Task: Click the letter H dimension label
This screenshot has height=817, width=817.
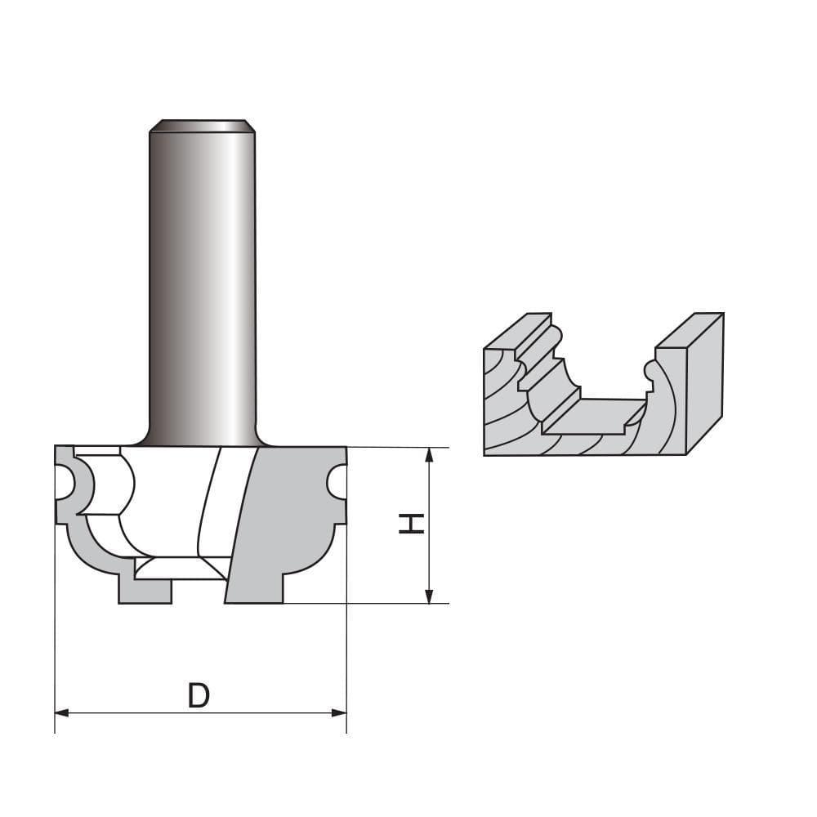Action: [411, 524]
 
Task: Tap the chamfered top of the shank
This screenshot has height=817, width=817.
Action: [199, 126]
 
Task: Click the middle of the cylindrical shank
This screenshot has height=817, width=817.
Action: [200, 278]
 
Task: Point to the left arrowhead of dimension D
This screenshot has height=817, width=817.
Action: [62, 713]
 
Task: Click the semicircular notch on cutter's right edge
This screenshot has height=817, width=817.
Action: [336, 483]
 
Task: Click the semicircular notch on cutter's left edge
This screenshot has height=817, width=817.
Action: [65, 483]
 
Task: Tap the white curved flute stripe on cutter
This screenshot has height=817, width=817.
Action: [210, 507]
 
